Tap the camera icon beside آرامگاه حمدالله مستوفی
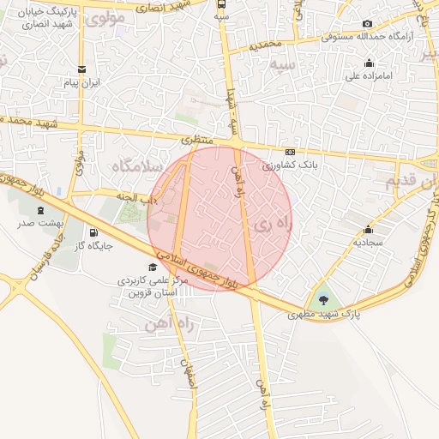pyautogui.click(x=367, y=23)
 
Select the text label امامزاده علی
pyautogui.click(x=368, y=75)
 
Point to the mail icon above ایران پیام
pyautogui.click(x=81, y=69)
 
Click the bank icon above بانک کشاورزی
pyautogui.click(x=290, y=151)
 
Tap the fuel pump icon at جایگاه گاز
pyautogui.click(x=93, y=232)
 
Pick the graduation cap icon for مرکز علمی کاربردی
pyautogui.click(x=153, y=266)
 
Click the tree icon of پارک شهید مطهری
pyautogui.click(x=323, y=299)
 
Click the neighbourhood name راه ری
pyautogui.click(x=272, y=225)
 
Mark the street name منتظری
pyautogui.click(x=196, y=140)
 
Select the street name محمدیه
pyautogui.click(x=265, y=42)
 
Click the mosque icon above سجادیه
pyautogui.click(x=368, y=229)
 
